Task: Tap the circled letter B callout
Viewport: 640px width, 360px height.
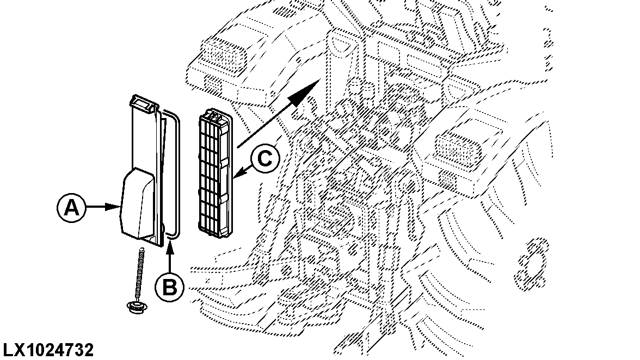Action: [170, 287]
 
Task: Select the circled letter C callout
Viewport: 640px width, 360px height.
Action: [265, 159]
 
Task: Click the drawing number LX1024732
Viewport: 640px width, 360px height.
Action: [48, 350]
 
